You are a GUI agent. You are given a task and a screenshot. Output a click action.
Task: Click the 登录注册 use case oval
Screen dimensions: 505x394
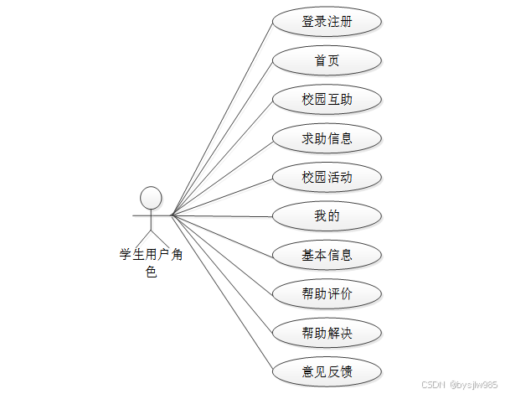coord(327,22)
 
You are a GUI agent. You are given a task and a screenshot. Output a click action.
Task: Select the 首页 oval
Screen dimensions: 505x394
coord(327,60)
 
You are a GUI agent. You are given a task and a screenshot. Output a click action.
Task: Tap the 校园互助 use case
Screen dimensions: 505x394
coord(327,100)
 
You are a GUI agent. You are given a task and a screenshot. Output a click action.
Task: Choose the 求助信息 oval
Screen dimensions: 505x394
coord(327,138)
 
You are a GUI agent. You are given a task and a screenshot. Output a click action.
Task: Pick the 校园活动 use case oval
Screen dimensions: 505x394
coord(327,177)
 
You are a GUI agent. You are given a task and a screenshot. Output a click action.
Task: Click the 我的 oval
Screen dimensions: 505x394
coord(327,216)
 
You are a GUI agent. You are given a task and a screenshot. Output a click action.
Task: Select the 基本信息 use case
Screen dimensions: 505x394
coord(327,255)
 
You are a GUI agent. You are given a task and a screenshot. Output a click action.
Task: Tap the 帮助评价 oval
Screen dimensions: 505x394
coord(327,293)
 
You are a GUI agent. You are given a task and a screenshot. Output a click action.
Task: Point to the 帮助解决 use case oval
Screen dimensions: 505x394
coord(327,333)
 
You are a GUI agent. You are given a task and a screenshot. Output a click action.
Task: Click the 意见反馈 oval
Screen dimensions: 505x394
coord(327,371)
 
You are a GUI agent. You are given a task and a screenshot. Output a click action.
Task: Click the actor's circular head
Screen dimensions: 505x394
coord(151,198)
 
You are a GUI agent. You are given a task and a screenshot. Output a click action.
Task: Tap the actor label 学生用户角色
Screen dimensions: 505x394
coord(151,255)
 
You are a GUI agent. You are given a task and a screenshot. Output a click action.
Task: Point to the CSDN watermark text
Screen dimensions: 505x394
coord(459,384)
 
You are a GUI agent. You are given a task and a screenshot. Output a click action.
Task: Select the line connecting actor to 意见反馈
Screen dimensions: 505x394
coord(222,293)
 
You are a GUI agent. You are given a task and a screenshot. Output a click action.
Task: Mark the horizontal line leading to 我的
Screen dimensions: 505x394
coord(222,216)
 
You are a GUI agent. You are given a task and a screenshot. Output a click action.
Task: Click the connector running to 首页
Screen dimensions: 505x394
coord(222,138)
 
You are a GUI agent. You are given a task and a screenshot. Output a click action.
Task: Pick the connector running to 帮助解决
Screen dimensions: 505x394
coord(222,274)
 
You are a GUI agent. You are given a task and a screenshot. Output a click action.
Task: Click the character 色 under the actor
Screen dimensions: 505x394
coord(151,272)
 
